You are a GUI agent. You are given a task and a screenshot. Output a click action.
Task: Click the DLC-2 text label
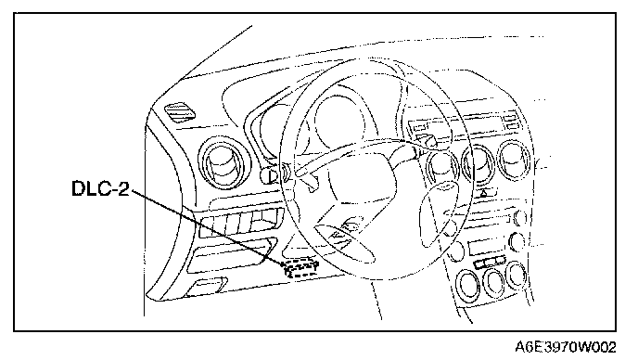pyautogui.click(x=100, y=188)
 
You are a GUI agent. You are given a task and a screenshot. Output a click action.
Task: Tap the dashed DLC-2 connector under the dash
pyautogui.click(x=300, y=267)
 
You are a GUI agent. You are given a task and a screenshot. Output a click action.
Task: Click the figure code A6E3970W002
pyautogui.click(x=566, y=347)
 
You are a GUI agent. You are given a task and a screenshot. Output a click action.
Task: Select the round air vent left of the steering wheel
pyautogui.click(x=223, y=161)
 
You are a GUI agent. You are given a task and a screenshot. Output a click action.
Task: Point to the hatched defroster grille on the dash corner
pyautogui.click(x=179, y=111)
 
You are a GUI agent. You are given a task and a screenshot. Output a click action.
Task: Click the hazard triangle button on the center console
pyautogui.click(x=484, y=193)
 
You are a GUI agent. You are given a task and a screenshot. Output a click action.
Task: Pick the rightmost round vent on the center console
pyautogui.click(x=515, y=160)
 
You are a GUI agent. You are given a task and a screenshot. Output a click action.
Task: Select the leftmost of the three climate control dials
pyautogui.click(x=468, y=285)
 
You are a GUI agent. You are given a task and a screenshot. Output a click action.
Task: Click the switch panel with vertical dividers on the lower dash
pyautogui.click(x=241, y=224)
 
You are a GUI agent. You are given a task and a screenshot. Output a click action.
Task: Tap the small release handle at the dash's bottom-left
pyautogui.click(x=207, y=287)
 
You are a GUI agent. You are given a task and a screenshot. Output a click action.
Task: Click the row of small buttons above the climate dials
pyautogui.click(x=490, y=262)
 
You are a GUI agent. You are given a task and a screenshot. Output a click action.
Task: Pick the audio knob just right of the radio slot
pyautogui.click(x=517, y=241)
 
